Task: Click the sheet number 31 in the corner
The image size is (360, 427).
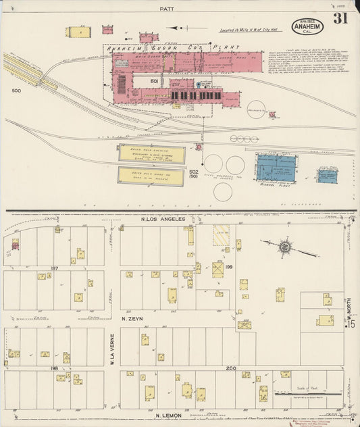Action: pos(339,19)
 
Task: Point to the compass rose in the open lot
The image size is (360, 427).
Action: pos(285,247)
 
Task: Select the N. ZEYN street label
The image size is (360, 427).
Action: pos(134,317)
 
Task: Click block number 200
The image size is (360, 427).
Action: pos(231,368)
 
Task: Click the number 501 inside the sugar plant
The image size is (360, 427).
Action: pos(154,81)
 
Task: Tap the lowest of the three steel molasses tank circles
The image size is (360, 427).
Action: pos(223,191)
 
